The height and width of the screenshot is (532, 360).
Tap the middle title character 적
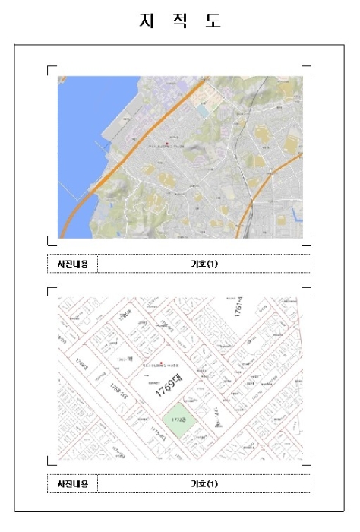point(179,21)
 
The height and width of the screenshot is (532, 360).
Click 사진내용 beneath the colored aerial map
point(72,264)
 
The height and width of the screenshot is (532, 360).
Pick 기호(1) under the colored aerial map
point(204,264)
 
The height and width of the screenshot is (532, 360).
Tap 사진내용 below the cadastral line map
point(72,483)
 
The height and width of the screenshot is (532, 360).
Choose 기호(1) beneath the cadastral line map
point(204,483)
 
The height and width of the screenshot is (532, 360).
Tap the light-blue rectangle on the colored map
point(201,111)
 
